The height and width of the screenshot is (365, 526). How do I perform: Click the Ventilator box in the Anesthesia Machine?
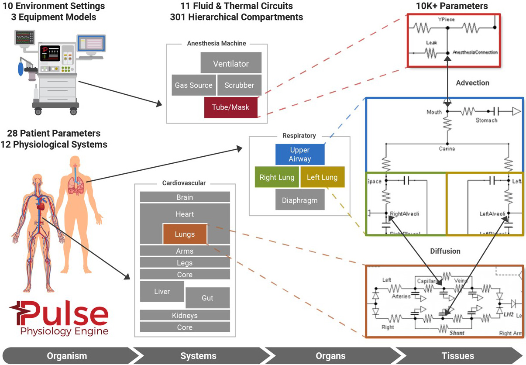[231, 63]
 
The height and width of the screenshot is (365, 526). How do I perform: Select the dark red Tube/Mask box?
[230, 107]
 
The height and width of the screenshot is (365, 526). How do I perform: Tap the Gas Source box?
[194, 85]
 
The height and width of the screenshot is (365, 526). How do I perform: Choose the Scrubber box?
[239, 85]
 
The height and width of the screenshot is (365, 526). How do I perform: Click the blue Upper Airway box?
[300, 155]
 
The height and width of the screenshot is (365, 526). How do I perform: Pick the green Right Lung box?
[277, 177]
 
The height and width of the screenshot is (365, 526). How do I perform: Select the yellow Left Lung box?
[322, 177]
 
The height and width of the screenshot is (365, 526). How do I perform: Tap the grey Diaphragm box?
[300, 200]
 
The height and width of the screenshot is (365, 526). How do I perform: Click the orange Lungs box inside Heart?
[185, 234]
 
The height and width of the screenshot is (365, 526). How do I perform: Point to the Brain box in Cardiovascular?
[185, 197]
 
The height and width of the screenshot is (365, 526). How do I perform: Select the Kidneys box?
[185, 315]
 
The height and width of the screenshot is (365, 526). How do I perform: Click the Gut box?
[207, 298]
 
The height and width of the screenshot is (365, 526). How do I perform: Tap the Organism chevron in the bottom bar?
[67, 356]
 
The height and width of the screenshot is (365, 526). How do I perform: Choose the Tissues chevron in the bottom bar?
[457, 356]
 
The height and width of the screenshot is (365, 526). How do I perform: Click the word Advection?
[472, 83]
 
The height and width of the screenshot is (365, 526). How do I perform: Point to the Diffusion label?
[445, 251]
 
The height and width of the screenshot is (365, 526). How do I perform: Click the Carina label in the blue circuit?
[447, 149]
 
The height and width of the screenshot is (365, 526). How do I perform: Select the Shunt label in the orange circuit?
[457, 333]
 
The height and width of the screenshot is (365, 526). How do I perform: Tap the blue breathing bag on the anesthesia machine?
[21, 69]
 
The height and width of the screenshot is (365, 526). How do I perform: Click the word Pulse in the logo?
[63, 313]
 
